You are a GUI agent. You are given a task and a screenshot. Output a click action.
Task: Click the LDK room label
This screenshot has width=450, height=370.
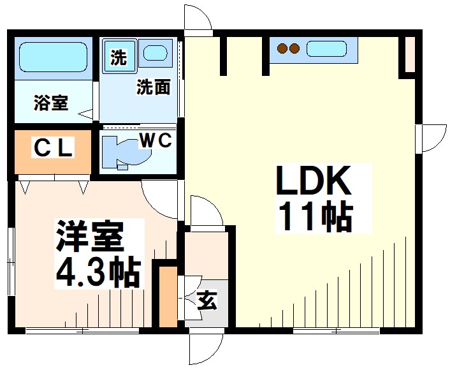pyautogui.click(x=314, y=182)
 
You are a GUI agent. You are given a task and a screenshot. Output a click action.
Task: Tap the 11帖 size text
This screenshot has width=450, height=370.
pyautogui.click(x=314, y=217)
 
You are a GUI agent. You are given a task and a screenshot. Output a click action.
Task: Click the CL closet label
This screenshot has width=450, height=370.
pyautogui.click(x=54, y=148)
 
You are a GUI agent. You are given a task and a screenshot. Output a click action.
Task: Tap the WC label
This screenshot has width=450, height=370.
pyautogui.click(x=155, y=140)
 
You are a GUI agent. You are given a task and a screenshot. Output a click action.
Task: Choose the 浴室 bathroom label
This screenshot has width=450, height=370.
pyautogui.click(x=50, y=103)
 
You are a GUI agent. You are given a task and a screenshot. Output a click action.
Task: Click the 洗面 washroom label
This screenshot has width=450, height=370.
pyautogui.click(x=153, y=87)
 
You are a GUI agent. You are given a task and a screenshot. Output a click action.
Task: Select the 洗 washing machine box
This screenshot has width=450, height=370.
pyautogui.click(x=119, y=57)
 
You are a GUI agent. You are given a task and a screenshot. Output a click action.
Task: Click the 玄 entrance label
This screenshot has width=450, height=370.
pyautogui.click(x=205, y=299)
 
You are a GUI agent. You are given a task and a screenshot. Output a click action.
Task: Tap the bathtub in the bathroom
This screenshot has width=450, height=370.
pyautogui.click(x=52, y=59)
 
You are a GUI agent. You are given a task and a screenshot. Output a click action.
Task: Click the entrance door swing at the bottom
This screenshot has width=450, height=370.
pyautogui.click(x=205, y=348)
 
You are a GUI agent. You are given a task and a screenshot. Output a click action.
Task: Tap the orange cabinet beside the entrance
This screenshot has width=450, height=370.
pyautogui.click(x=168, y=297)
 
